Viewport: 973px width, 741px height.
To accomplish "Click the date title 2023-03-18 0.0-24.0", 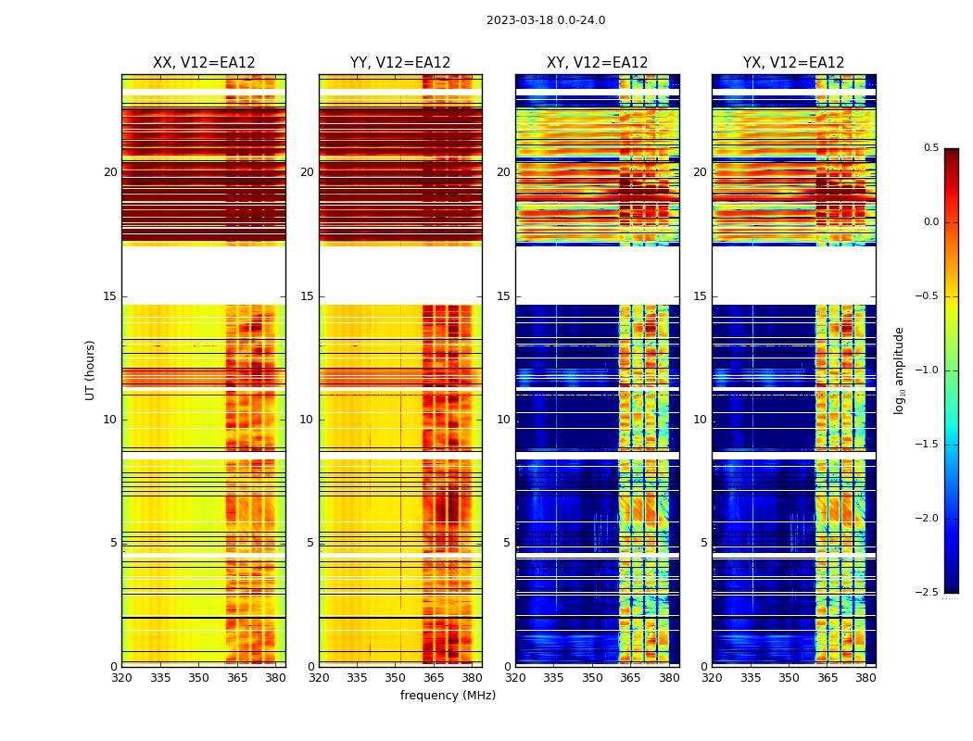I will pos(546,20).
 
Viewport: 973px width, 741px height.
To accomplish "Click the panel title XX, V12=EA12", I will pos(204,63).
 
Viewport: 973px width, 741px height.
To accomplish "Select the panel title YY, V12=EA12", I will pos(400,63).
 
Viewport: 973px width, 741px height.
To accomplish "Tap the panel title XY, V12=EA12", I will pos(597,63).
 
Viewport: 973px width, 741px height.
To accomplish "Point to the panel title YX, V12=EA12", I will pos(793,63).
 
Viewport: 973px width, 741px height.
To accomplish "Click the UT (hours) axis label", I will pos(91,370).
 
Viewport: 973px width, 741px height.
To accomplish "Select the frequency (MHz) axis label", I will pos(448,696).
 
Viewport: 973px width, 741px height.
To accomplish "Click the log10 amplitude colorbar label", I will pos(899,370).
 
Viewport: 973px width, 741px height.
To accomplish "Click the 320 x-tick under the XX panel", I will pos(121,678).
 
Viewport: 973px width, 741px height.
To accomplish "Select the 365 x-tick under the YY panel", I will pos(434,678).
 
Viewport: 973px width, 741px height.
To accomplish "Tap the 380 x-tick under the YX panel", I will pos(866,678).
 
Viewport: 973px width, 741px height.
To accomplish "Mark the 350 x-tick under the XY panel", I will pos(592,678).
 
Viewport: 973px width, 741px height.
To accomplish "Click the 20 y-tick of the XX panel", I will pos(110,172).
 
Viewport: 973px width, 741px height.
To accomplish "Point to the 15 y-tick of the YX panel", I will pos(701,296).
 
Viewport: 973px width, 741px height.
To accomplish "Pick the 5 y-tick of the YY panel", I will pos(310,543).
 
